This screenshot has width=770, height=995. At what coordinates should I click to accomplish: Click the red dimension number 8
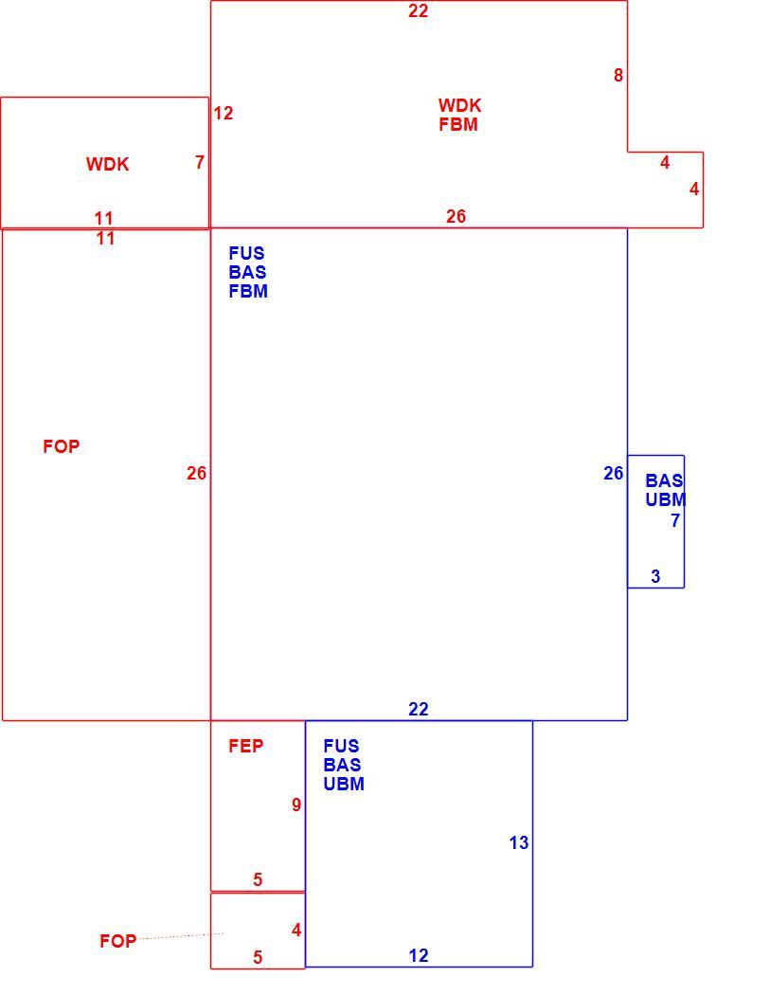click(618, 76)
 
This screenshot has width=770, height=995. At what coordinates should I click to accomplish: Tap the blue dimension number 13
click(518, 842)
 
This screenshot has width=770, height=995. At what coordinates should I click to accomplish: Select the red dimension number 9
click(296, 805)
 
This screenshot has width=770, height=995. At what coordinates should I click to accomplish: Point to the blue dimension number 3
click(655, 576)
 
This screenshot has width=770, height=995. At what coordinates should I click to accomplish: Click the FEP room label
click(245, 746)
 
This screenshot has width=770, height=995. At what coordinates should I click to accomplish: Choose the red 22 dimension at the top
click(418, 10)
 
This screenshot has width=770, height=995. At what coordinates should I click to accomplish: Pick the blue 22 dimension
click(418, 709)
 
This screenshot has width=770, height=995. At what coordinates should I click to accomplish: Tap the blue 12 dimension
click(418, 955)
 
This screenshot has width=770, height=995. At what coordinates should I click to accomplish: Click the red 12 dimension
click(224, 113)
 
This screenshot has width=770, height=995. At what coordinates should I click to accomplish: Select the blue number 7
click(675, 520)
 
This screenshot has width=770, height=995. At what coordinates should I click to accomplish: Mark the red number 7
click(200, 162)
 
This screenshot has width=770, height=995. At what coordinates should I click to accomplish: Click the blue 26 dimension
click(614, 473)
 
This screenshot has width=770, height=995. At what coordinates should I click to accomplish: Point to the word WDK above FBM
click(459, 105)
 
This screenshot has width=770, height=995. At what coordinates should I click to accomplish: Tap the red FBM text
click(458, 124)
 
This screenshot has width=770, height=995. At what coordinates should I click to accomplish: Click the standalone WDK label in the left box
click(107, 164)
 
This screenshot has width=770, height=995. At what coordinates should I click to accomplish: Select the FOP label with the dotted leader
click(118, 940)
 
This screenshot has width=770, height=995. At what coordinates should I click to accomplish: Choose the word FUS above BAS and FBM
click(246, 253)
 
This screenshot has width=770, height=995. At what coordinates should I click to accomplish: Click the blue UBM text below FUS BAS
click(344, 784)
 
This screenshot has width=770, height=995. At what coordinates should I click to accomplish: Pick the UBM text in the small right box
click(666, 499)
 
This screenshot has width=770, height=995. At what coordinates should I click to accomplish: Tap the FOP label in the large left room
click(62, 446)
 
